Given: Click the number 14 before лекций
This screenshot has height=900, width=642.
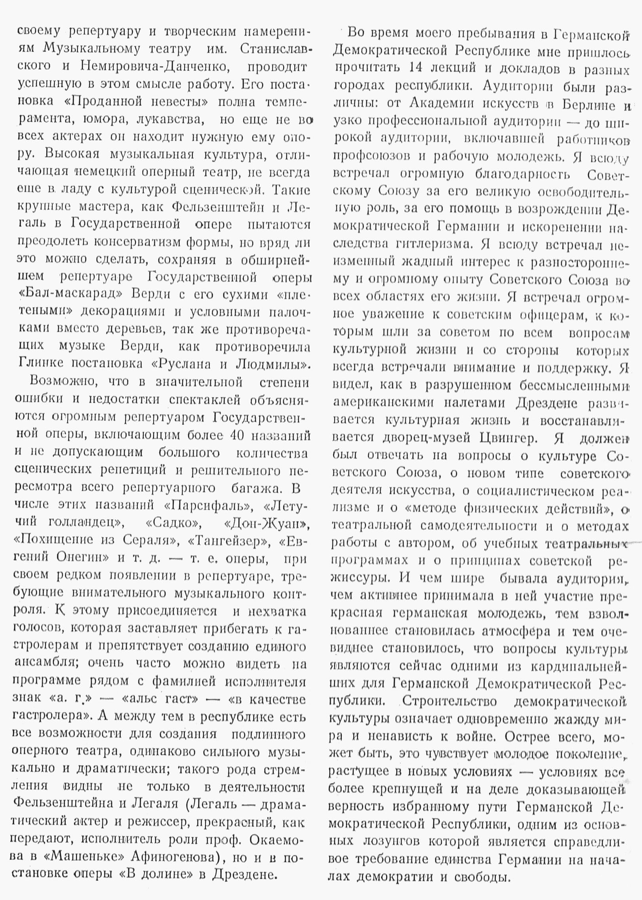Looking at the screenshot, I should click(x=414, y=68).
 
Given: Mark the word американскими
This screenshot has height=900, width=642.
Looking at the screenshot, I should click(x=383, y=403).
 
